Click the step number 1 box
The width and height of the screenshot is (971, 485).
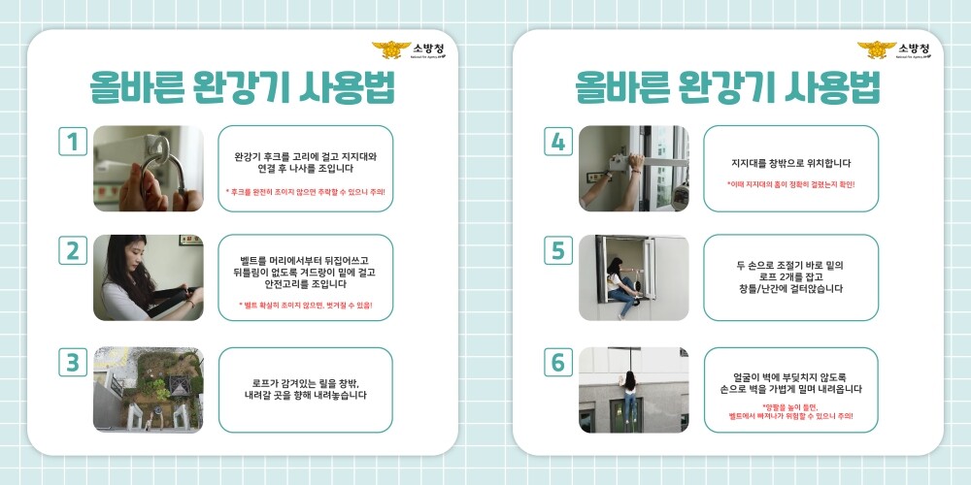click(72, 142)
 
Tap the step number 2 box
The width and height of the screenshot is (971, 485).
click(72, 250)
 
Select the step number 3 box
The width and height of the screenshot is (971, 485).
click(72, 363)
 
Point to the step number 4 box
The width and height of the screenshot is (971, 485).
click(557, 142)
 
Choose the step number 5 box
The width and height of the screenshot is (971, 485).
click(557, 250)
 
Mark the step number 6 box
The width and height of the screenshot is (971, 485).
click(557, 363)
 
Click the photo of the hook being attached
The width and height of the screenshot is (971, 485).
click(148, 169)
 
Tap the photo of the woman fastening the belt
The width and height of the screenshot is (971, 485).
click(148, 277)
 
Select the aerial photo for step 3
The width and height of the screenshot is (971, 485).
click(148, 390)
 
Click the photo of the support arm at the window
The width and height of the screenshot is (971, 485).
click(633, 169)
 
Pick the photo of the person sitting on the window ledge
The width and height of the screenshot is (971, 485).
click(633, 277)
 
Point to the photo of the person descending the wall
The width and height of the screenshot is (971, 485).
click(633, 390)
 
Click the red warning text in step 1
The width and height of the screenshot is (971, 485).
click(305, 192)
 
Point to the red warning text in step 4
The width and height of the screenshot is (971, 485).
click(790, 183)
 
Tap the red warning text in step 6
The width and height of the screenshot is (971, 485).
click(790, 411)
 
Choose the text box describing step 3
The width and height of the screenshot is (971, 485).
click(305, 390)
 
